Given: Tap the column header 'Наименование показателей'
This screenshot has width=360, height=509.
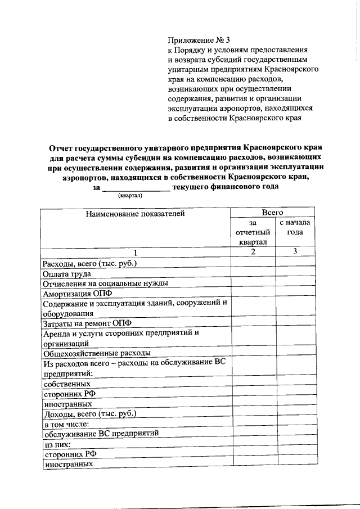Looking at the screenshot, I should [x=135, y=213].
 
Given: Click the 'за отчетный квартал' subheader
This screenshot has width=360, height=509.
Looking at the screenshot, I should [x=253, y=232].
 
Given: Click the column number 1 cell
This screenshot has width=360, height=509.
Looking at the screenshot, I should [x=135, y=252].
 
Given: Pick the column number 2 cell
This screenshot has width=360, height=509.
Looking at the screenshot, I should [x=253, y=252].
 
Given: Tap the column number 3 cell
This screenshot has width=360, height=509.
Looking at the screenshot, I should [x=295, y=252].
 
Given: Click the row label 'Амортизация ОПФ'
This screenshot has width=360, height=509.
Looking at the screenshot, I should [x=74, y=294].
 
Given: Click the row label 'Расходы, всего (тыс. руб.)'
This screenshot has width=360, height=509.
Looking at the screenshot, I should [x=90, y=264].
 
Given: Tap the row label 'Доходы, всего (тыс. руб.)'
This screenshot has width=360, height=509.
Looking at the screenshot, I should [x=89, y=414].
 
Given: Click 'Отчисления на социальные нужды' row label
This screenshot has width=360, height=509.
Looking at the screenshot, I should [x=105, y=284].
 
